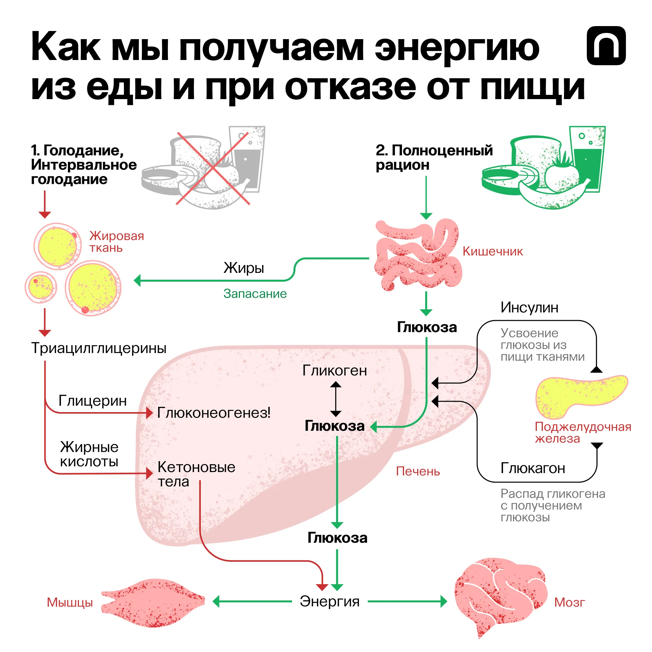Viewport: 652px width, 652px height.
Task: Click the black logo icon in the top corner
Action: (x=606, y=46)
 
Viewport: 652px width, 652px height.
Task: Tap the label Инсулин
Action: (x=529, y=307)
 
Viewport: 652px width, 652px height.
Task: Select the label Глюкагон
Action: (x=533, y=468)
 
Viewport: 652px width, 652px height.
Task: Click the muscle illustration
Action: (x=154, y=602)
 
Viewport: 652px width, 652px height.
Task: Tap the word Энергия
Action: (x=330, y=601)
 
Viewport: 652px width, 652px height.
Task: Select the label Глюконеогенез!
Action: (x=214, y=413)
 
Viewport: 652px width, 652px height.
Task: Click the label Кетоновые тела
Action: (x=196, y=474)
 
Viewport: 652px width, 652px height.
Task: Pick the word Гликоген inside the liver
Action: (x=334, y=371)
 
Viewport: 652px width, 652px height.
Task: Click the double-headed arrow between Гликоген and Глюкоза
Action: (x=335, y=399)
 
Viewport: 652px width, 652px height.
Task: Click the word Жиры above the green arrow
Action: (x=244, y=268)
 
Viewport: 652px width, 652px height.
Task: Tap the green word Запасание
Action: (x=255, y=294)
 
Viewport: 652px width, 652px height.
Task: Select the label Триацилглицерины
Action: (x=98, y=348)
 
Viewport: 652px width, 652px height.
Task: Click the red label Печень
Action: (x=418, y=471)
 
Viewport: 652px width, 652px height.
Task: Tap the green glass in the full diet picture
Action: (x=587, y=159)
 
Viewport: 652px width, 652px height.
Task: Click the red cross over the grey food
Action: (x=213, y=169)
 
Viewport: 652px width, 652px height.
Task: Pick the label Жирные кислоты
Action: (x=89, y=454)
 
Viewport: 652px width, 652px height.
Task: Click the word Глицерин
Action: (x=93, y=401)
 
